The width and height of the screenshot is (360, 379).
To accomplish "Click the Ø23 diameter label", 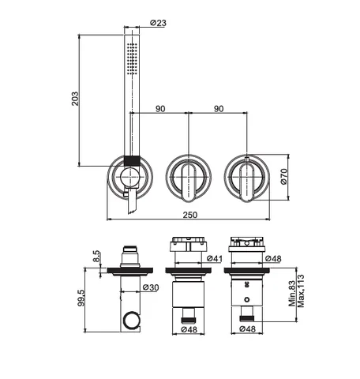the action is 158,23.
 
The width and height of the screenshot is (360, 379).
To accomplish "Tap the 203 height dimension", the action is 75,99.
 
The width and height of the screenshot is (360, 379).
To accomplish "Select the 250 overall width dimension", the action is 190,215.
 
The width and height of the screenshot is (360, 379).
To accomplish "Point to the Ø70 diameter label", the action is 284,177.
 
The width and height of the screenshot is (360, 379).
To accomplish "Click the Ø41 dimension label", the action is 215,259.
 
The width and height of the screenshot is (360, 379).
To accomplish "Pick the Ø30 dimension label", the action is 151,287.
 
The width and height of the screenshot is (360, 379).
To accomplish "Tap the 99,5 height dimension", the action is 81,298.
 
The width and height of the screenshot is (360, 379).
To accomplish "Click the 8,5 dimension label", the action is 96,256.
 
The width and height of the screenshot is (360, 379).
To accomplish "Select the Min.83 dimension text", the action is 292,291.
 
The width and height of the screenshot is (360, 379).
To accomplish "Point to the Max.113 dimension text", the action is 300,291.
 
